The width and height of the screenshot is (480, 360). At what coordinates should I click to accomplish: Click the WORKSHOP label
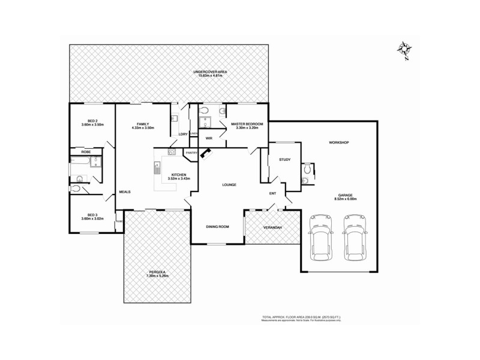coord(338,142)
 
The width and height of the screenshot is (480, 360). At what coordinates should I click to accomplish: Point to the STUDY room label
coord(284,160)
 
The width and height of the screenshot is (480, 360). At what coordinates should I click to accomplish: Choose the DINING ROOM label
coord(218,226)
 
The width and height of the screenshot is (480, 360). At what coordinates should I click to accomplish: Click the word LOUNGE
coord(228,185)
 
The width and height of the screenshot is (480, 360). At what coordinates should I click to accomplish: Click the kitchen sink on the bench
coord(157,167)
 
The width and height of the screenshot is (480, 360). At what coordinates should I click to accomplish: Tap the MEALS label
coord(125,191)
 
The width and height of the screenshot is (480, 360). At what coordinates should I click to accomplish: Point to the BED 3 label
coord(92,215)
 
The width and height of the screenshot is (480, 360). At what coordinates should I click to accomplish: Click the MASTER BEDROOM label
coord(247,124)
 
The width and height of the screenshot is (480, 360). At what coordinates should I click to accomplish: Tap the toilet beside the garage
coord(307,169)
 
